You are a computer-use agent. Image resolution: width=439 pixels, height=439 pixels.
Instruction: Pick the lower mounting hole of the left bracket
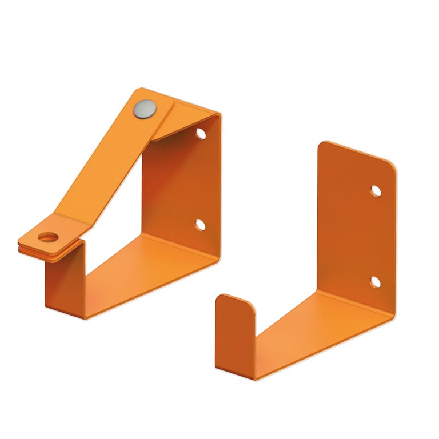pyautogui.click(x=200, y=225)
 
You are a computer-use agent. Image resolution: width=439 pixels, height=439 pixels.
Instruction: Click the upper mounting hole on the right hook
pyautogui.click(x=376, y=191)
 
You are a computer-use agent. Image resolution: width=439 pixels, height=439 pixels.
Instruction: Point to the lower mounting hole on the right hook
pyautogui.click(x=375, y=281)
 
